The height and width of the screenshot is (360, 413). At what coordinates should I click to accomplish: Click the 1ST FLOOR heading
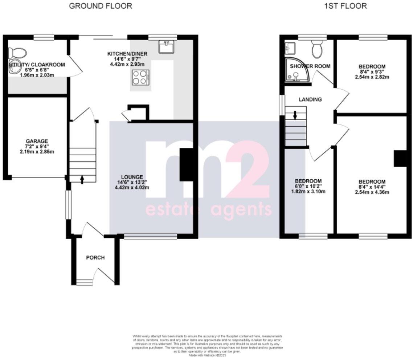coord(345,6)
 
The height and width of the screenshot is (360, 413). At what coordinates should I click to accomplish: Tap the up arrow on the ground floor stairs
coord(82,179)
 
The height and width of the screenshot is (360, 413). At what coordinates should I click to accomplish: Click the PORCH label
coord(95,258)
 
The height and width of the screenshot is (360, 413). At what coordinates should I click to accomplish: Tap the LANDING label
coord(310,99)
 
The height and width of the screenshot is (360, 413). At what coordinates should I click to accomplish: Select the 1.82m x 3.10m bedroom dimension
coord(308,191)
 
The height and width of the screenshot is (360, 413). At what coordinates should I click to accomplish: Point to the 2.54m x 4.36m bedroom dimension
coord(372,192)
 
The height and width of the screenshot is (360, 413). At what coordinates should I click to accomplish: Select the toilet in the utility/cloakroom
coord(18,53)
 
